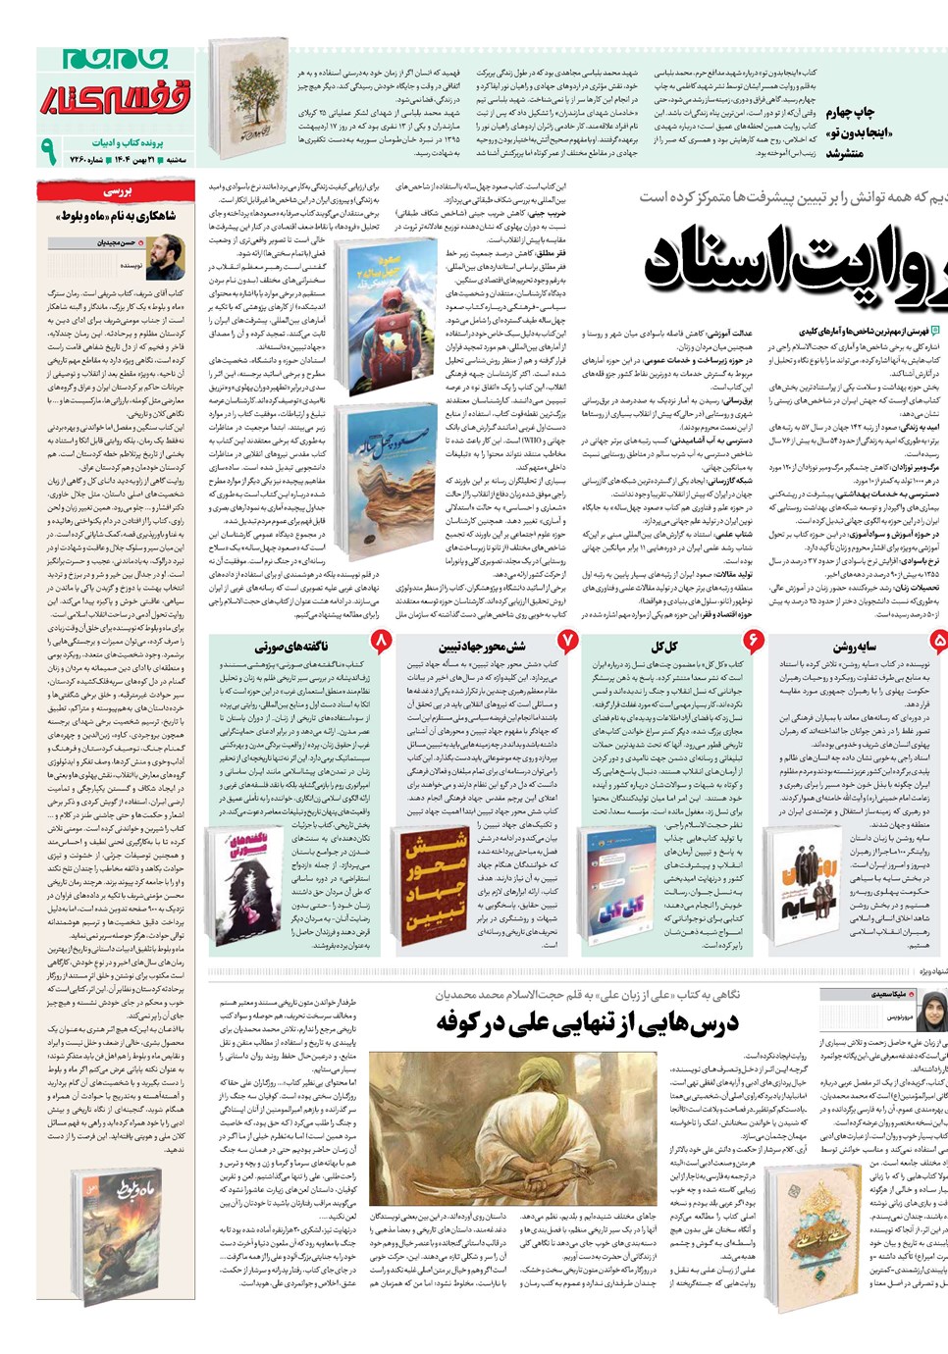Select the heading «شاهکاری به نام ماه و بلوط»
tap(116, 216)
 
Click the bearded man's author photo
tap(165, 256)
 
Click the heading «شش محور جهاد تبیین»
tap(482, 647)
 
